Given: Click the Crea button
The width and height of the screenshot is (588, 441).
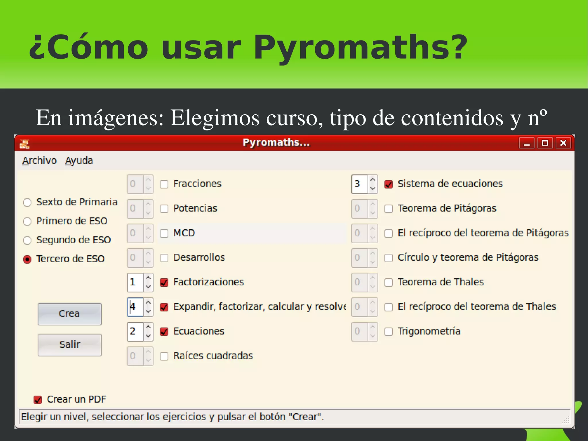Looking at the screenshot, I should tap(69, 314).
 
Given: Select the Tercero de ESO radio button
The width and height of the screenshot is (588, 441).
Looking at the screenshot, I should tap(27, 259).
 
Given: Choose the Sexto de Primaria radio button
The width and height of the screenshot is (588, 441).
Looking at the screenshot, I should tap(27, 203).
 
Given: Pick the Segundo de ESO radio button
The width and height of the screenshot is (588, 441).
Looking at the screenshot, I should tap(27, 240).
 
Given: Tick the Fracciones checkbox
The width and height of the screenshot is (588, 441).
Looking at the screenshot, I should tap(164, 184).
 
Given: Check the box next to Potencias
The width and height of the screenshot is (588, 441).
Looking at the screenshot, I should tap(164, 209).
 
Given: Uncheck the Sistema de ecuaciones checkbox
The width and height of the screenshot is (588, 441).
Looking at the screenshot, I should tap(388, 184).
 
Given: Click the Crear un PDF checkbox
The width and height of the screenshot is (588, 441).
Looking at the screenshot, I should tap(38, 400).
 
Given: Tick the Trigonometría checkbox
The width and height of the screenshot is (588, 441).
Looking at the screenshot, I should tap(388, 332).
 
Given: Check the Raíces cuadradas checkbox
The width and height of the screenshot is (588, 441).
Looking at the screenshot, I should tap(164, 356).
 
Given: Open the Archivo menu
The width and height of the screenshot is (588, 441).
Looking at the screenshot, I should tap(40, 161).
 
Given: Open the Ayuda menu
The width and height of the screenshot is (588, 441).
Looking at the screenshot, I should tap(79, 161).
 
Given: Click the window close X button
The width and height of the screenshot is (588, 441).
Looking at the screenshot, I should tap(563, 143).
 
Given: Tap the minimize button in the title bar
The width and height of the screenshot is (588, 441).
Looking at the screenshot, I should tap(527, 143).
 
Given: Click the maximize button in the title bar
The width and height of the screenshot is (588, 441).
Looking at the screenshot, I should tap(545, 143).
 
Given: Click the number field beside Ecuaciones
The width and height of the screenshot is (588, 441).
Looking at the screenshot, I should tap(135, 331).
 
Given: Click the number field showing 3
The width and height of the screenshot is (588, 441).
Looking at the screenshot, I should tap(359, 184).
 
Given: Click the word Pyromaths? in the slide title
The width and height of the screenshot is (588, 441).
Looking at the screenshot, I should tap(360, 47).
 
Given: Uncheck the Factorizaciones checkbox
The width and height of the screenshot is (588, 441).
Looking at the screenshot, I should tap(164, 282).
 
